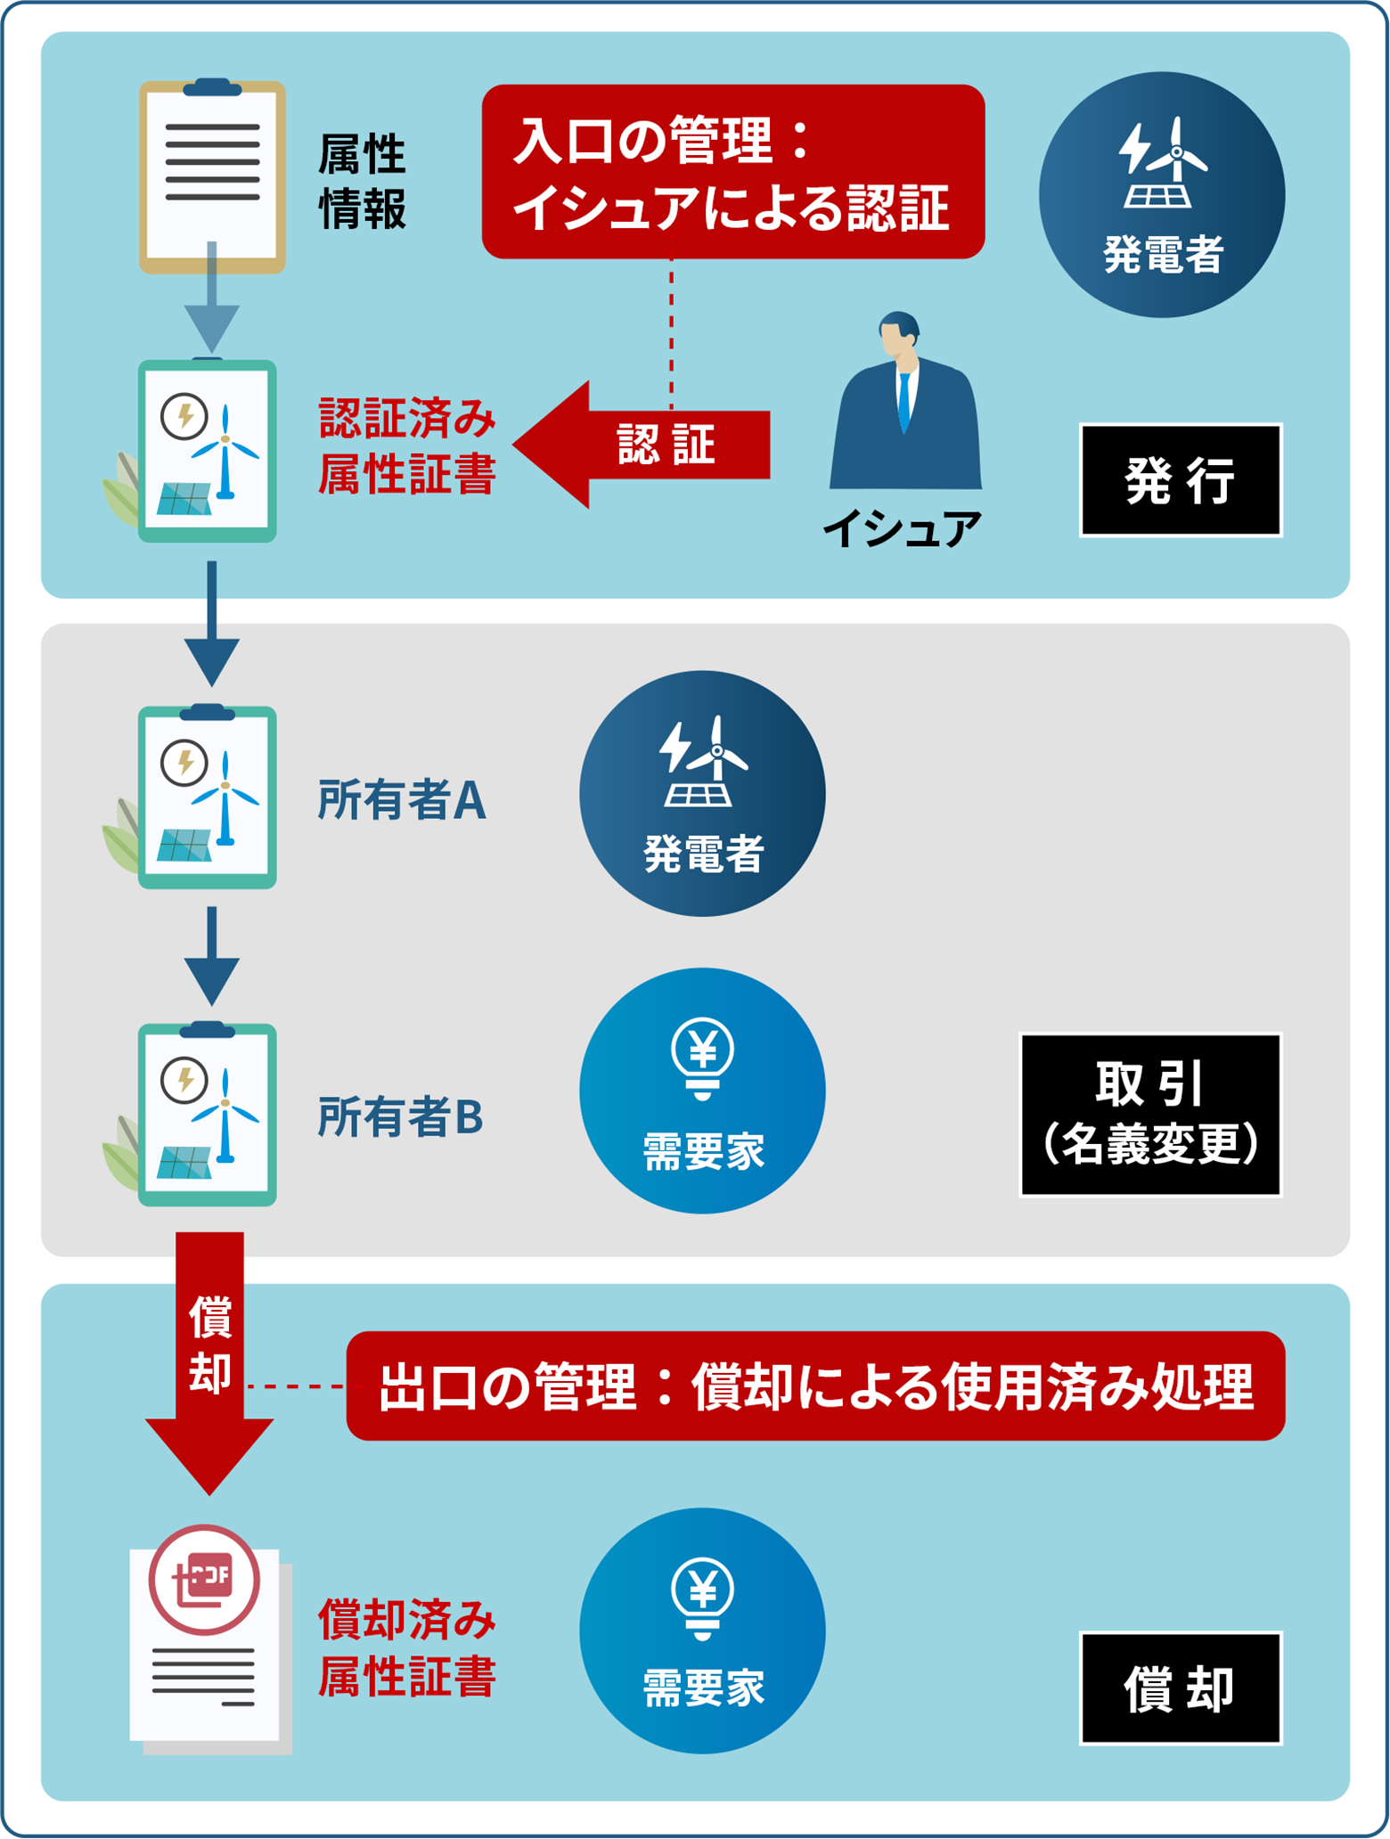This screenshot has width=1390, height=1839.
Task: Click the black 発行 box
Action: pyautogui.click(x=1181, y=480)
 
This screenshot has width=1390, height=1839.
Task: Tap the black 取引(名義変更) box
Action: pyautogui.click(x=1150, y=1115)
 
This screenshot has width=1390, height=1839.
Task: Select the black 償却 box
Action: pyautogui.click(x=1181, y=1688)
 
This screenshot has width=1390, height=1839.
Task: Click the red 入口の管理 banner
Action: pyautogui.click(x=732, y=172)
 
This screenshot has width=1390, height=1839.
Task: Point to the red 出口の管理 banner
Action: pyautogui.click(x=815, y=1386)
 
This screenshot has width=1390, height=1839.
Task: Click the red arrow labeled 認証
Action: pyautogui.click(x=642, y=445)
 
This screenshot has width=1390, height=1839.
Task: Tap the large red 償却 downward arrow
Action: pyautogui.click(x=209, y=1363)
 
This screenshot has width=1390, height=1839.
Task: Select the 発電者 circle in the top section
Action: pyautogui.click(x=1162, y=195)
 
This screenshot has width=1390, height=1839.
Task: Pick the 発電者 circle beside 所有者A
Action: pyautogui.click(x=702, y=794)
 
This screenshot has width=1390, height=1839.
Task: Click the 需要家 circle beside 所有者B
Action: pyautogui.click(x=702, y=1091)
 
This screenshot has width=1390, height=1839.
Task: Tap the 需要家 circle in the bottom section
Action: pyautogui.click(x=702, y=1631)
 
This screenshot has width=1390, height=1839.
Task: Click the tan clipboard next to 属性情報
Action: pyautogui.click(x=212, y=176)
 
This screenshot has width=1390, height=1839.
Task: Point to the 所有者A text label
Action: pyautogui.click(x=402, y=800)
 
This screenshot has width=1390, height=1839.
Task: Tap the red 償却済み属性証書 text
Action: pyautogui.click(x=407, y=1648)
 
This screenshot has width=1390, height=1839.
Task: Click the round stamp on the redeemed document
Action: pyautogui.click(x=204, y=1580)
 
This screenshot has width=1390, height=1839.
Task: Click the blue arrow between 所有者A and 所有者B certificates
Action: pyautogui.click(x=211, y=955)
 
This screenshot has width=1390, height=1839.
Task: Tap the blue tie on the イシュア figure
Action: pyautogui.click(x=905, y=401)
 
